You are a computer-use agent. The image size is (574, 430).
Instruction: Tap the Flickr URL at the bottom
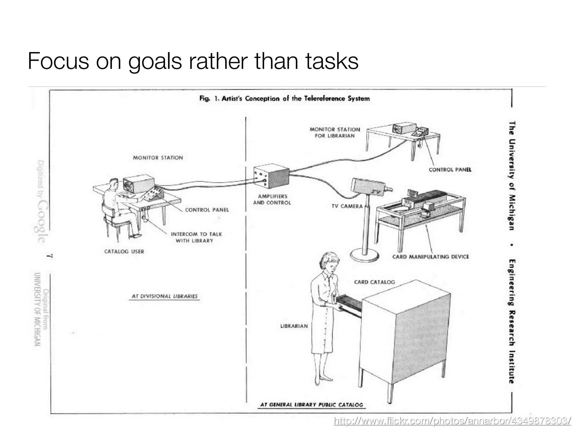coord(452,421)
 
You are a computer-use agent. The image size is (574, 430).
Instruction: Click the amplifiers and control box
coord(271,176)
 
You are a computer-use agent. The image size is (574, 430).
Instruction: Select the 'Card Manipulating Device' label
coord(430,257)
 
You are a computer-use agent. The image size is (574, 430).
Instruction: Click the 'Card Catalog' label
coord(374,282)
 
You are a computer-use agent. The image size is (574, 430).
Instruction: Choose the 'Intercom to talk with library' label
coord(196,237)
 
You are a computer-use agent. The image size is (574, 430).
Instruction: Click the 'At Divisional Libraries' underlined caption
coord(165,296)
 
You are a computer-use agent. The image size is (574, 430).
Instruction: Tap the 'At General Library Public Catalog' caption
coord(311,405)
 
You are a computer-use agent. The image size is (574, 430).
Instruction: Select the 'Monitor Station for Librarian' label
coord(335,132)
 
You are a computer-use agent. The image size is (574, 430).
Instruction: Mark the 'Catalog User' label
coord(124,251)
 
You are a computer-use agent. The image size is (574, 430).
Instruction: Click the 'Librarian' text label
coord(294,326)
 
